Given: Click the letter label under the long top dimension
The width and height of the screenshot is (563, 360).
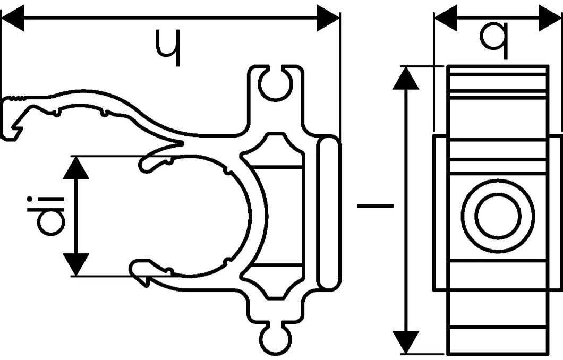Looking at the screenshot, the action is click(168, 48).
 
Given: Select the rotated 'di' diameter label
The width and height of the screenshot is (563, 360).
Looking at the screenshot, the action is click(46, 216).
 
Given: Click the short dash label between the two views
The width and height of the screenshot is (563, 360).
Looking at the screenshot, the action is click(375, 206).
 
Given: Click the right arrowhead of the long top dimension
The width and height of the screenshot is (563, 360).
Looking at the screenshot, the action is click(328, 18).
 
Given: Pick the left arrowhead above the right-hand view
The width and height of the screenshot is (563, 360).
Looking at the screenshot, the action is click(446, 18).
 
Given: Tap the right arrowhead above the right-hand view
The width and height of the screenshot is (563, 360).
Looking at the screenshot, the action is click(550, 18).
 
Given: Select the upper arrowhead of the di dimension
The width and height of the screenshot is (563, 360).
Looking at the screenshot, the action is click(76, 167).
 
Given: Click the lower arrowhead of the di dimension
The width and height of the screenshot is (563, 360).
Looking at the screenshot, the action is click(76, 264).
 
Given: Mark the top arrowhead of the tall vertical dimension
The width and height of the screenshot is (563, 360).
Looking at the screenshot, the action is click(406, 78).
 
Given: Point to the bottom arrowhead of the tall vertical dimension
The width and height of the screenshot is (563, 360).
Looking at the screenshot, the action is click(406, 342).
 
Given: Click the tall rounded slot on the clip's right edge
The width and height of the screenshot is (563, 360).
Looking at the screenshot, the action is click(329, 212).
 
